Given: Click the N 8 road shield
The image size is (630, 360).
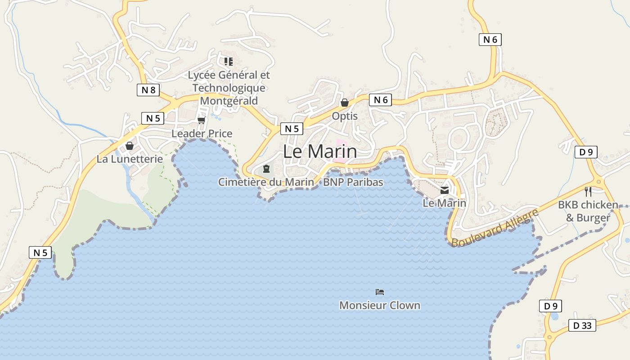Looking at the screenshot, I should [x=148, y=90].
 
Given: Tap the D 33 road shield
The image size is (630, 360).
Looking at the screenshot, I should [x=582, y=325].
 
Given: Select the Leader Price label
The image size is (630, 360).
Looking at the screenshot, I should [x=202, y=134].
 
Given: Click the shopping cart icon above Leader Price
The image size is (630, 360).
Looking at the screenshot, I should [x=201, y=120].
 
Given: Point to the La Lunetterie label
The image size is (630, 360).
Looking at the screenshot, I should [x=130, y=159].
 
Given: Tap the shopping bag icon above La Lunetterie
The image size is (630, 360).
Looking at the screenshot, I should [x=130, y=146].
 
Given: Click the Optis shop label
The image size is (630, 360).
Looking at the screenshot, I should [x=345, y=116].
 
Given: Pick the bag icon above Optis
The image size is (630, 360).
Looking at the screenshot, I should [x=345, y=103].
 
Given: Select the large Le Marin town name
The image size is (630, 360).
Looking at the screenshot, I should [x=320, y=152].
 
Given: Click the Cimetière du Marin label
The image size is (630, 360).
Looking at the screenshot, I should [x=266, y=182].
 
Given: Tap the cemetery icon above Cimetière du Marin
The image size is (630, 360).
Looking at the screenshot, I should [x=266, y=169].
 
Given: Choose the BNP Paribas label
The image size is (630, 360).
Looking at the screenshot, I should [x=353, y=182].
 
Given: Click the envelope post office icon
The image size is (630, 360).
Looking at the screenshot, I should [x=445, y=190].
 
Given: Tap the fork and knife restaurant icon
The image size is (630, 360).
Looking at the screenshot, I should [x=588, y=192].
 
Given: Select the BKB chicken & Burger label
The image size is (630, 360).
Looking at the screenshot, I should [x=588, y=211].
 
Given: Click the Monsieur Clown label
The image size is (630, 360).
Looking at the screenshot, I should [x=380, y=306].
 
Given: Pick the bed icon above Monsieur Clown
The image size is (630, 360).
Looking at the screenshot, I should [x=380, y=292].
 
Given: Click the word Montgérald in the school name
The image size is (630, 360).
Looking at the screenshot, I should [x=229, y=101].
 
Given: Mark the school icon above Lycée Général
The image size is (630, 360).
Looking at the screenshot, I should [x=229, y=62].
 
